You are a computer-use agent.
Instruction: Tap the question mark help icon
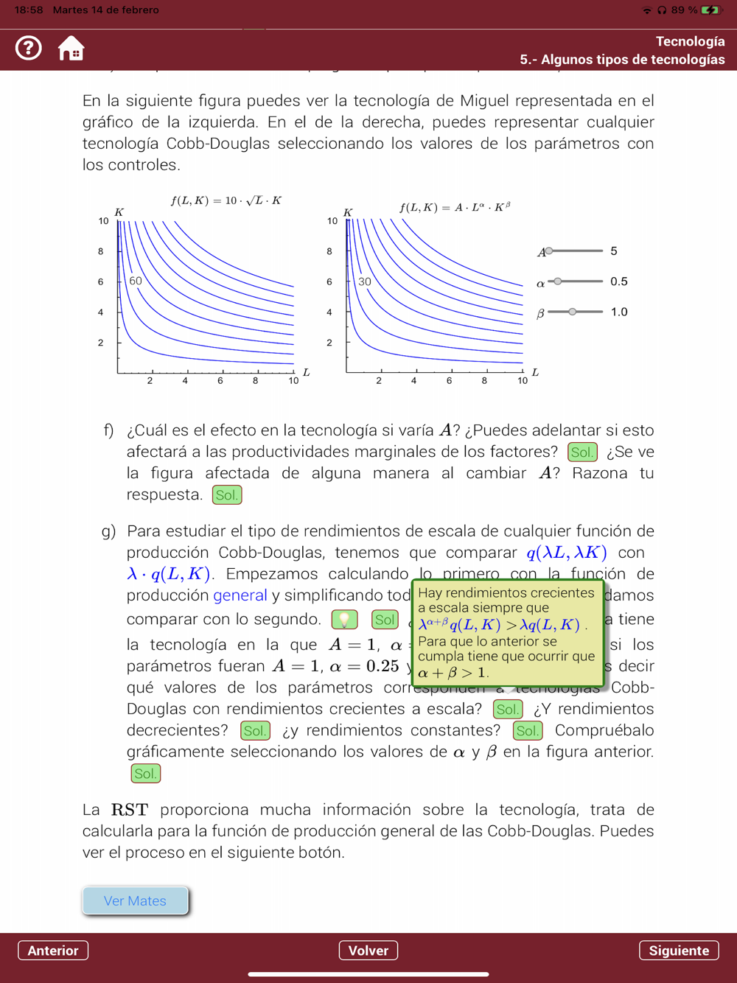(29, 49)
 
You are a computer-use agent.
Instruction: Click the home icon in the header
(71, 49)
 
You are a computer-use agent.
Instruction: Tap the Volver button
(368, 951)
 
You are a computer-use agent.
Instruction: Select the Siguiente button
(678, 951)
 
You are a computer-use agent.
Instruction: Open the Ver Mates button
(136, 900)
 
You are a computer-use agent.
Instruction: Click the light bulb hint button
(344, 620)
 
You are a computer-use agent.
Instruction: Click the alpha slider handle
(558, 281)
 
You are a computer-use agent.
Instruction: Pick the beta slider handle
(573, 312)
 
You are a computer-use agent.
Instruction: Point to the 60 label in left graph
(136, 281)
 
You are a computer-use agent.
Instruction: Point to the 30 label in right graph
(365, 281)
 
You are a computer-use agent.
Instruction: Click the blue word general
(240, 595)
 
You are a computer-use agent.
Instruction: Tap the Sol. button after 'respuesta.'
(227, 495)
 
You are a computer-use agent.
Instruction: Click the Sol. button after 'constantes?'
(528, 731)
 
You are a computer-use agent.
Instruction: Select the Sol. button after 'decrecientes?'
(255, 731)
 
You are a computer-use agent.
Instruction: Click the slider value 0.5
(619, 281)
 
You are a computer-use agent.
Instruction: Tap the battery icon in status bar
(710, 10)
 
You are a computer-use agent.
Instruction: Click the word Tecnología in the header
(690, 41)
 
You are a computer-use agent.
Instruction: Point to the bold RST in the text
(130, 810)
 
